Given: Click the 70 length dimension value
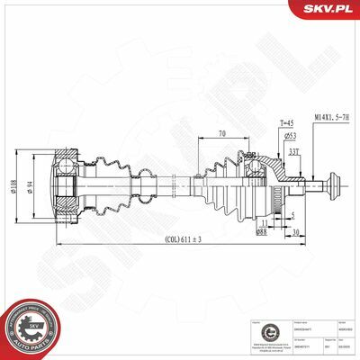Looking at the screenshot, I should [x=220, y=135].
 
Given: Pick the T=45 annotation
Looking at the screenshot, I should [x=262, y=123].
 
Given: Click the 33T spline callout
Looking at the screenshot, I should [x=293, y=150].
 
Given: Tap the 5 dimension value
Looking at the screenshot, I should [x=292, y=214].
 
